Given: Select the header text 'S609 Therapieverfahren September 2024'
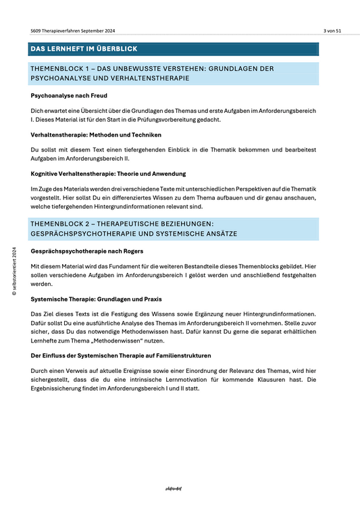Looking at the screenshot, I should (x=72, y=31).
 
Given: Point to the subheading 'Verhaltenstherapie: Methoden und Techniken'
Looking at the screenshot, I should (x=96, y=134).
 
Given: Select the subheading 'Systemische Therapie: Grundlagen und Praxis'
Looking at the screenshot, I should (x=97, y=298).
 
